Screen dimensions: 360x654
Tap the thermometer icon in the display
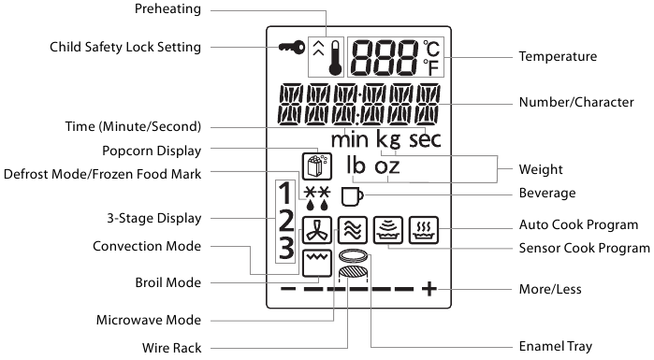(335, 56)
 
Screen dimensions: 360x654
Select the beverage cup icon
(351, 196)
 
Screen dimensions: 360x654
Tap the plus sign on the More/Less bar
(429, 289)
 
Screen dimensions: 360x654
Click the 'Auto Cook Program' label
(579, 225)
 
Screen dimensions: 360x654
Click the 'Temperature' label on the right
(558, 57)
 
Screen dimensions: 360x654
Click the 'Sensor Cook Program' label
(584, 248)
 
